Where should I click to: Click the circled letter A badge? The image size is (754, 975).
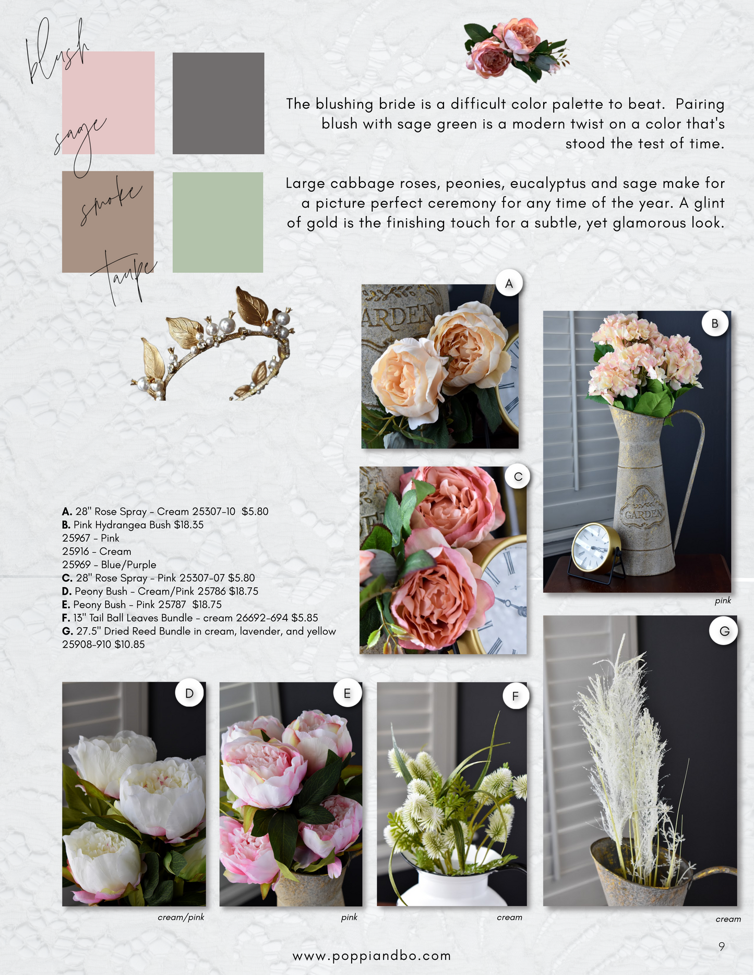pos(509,283)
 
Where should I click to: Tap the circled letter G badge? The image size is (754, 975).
pos(724,631)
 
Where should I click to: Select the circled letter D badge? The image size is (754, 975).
pos(189,693)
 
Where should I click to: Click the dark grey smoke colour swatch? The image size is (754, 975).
pos(218,103)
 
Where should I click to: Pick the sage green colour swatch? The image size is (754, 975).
pos(218,222)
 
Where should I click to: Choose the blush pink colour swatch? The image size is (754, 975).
pos(108,103)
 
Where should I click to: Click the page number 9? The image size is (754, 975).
pos(722,946)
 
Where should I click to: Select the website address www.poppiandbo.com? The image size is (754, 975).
pos(372,956)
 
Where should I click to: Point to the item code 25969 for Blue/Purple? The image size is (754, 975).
pos(76,565)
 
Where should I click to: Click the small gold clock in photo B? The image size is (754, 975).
pos(596,551)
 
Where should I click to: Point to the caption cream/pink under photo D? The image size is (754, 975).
pos(181,917)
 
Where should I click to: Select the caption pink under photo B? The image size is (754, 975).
pos(723,601)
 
